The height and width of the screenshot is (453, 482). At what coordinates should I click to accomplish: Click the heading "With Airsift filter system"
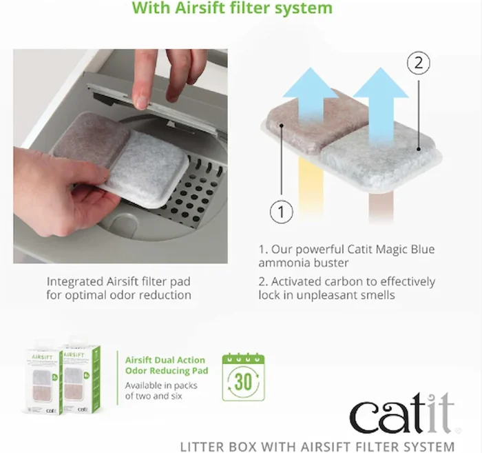click(232, 9)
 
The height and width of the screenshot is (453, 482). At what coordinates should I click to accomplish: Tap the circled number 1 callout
click(281, 212)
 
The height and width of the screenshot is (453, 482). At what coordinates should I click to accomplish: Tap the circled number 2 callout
click(418, 64)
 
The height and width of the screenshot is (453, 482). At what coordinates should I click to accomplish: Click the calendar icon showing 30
click(242, 377)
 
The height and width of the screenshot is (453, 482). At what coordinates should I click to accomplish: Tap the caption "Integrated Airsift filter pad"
click(119, 281)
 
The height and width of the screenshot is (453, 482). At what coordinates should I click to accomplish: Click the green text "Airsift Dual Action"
click(165, 360)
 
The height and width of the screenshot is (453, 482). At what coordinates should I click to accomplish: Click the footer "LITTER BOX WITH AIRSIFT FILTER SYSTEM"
click(317, 445)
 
